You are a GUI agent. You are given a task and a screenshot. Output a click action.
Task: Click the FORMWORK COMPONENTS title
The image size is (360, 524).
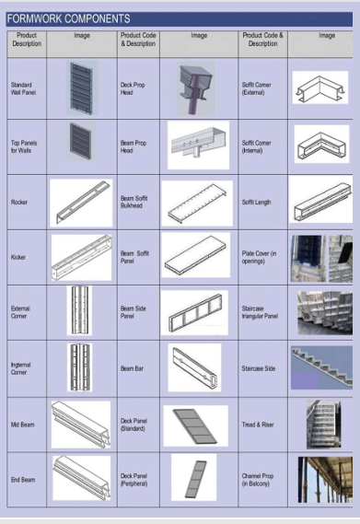coord(68,18)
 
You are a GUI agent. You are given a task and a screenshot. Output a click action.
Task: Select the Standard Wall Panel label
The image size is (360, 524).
coord(24,88)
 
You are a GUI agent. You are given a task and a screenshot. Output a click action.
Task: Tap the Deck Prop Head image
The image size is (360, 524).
coord(195,88)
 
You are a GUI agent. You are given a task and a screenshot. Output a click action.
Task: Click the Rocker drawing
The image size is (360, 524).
coord(81,203)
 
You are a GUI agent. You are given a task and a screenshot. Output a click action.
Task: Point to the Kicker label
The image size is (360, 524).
coord(18,257)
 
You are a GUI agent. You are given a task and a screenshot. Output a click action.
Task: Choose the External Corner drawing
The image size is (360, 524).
coord(79,310)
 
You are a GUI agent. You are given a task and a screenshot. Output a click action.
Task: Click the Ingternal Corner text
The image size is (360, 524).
coord(20,368)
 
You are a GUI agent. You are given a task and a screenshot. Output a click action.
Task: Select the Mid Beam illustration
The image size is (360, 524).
coord(81,425)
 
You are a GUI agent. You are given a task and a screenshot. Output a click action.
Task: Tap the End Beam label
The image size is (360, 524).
coord(23,480)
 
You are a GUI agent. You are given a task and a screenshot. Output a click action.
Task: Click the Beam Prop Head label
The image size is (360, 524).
coord(134,146)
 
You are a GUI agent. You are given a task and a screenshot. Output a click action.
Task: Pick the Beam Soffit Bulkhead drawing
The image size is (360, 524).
coord(197,204)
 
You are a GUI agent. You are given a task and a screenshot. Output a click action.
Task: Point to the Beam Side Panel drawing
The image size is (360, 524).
coord(194,312)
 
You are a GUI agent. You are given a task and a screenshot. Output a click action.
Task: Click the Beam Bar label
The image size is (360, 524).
coord(132,368)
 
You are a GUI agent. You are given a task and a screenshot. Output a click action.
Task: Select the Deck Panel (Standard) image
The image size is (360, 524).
coord(195,425)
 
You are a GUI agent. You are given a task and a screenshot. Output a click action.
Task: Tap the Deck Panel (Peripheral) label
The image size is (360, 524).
coord(134,480)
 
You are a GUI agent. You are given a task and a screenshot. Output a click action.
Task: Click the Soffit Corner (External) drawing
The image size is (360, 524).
coord(320,87)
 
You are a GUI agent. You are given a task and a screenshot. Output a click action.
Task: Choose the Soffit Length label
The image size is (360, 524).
coord(256,203)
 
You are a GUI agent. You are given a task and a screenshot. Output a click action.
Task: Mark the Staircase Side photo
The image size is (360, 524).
coord(321,367)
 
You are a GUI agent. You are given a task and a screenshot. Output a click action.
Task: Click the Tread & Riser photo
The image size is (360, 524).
coord(323,425)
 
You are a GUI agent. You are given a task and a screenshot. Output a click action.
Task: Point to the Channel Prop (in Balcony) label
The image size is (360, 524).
coord(258,480)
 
